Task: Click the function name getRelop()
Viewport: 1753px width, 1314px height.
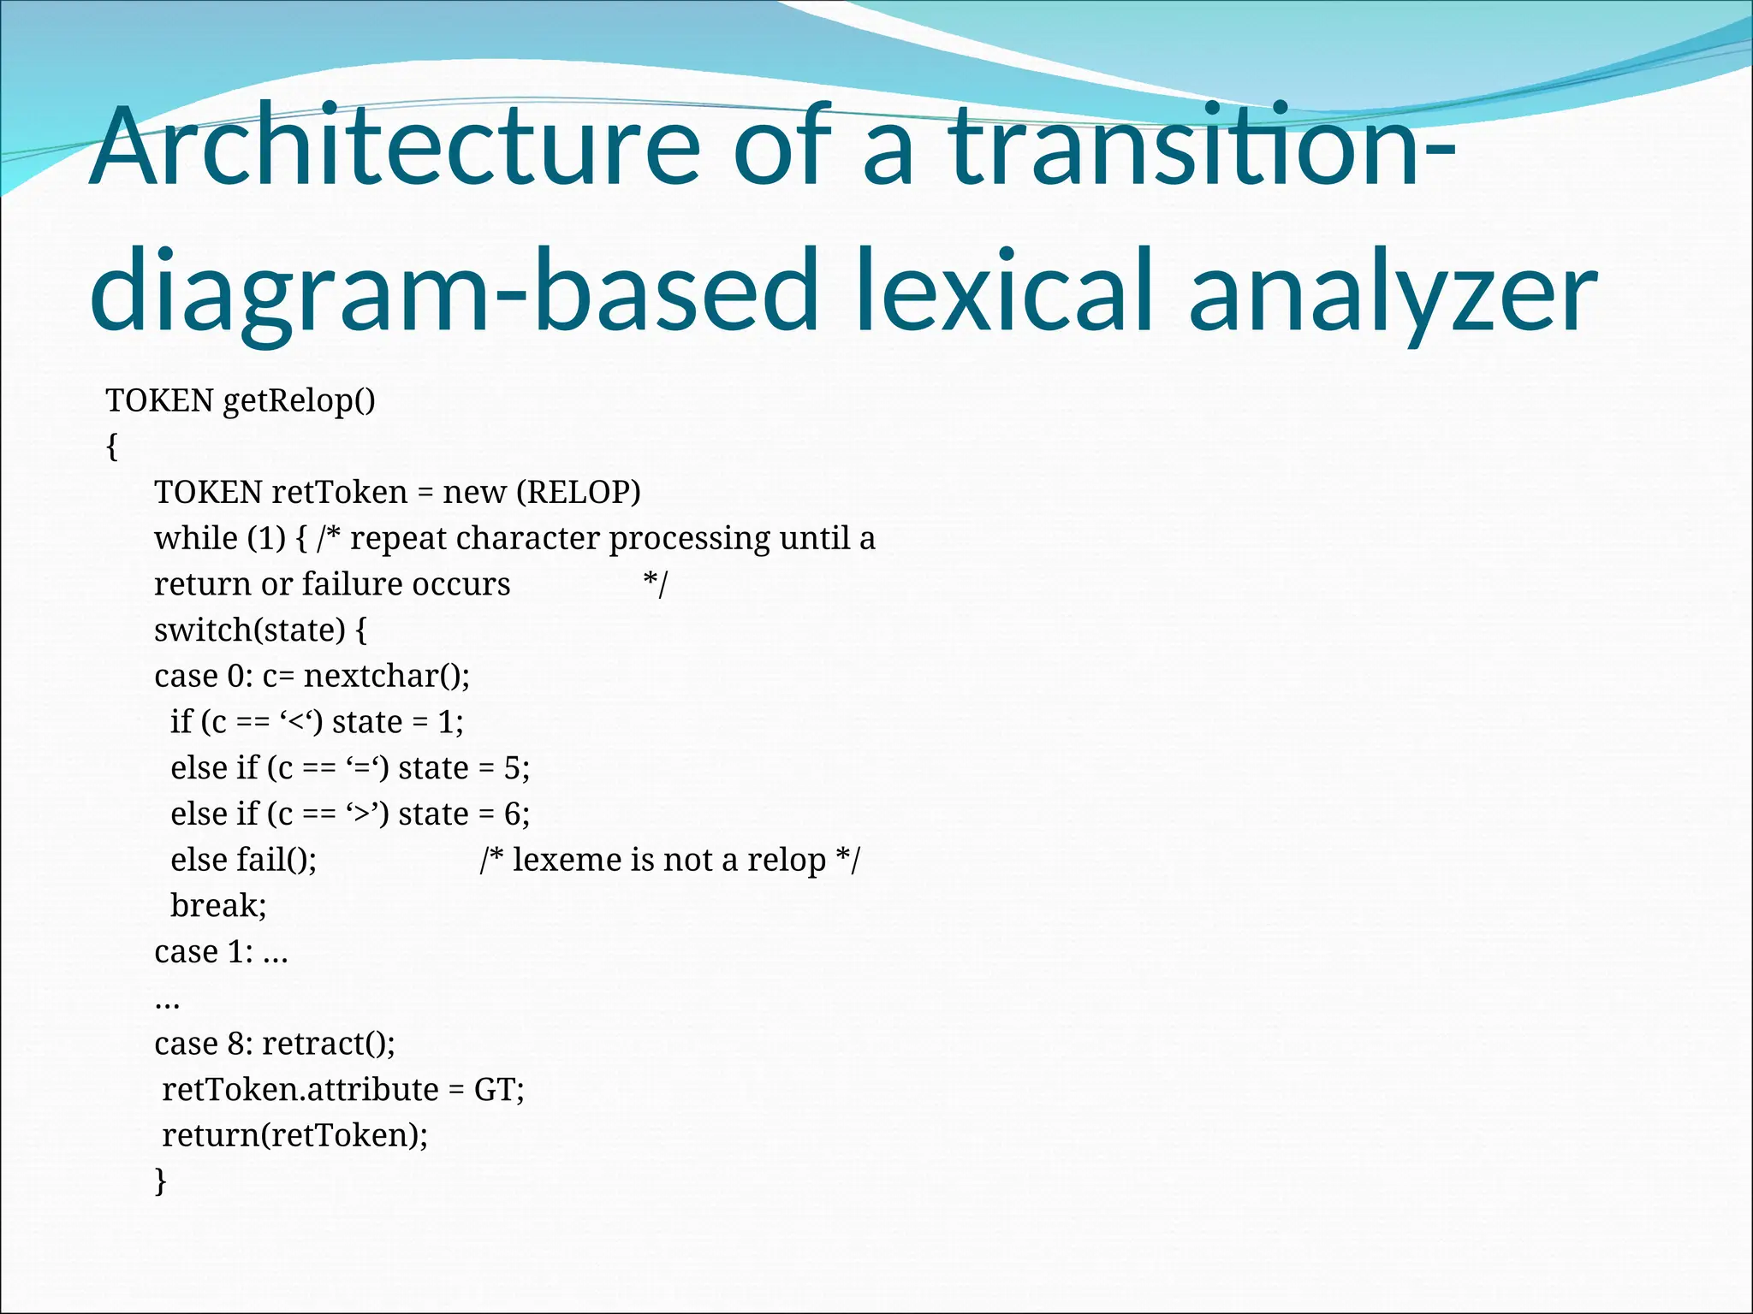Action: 299,400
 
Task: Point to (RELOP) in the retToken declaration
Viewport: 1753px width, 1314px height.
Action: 579,493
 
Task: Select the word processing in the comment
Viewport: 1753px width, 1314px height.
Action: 689,539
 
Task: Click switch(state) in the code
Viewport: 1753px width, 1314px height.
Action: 249,630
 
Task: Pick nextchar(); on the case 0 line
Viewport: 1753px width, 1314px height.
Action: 387,677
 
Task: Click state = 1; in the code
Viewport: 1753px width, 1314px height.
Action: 398,723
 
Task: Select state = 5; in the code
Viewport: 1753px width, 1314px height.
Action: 464,768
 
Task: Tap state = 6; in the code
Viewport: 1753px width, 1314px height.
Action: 464,814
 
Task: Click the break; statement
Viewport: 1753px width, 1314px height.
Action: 218,906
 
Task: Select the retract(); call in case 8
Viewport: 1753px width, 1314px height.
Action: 329,1044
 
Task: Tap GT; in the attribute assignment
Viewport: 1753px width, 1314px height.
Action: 499,1090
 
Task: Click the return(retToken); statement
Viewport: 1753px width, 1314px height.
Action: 295,1135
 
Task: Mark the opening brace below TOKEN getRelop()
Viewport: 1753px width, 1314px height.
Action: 111,447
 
